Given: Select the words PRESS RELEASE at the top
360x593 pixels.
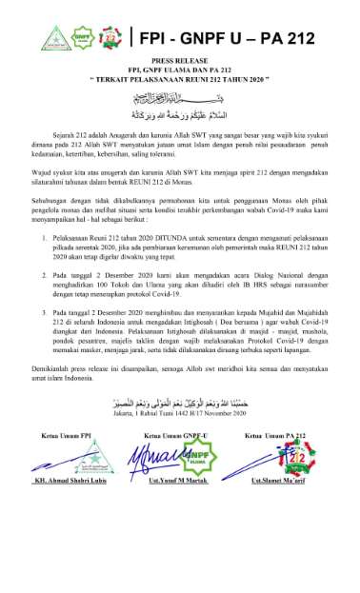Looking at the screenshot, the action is point(181,62).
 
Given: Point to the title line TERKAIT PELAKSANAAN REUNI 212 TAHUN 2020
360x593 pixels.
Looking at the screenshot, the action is point(180,80).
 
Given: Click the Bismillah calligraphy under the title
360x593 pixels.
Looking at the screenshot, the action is point(181,98).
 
